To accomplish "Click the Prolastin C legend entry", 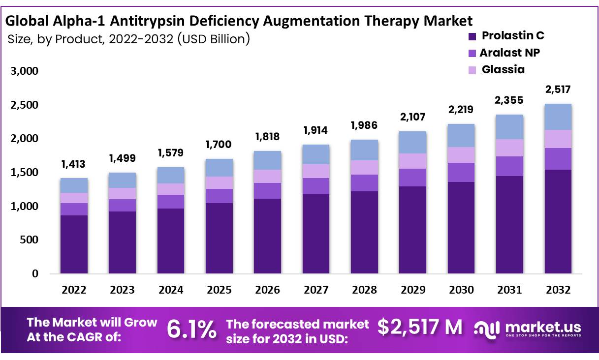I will (512, 35).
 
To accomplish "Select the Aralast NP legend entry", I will (509, 53).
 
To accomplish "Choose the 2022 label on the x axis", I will (74, 290).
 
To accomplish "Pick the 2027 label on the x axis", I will (316, 290).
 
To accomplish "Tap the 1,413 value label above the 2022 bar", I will (74, 164).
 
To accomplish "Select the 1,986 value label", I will (364, 125).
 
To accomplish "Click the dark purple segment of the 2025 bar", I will (219, 238).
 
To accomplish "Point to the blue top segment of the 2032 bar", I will (558, 117).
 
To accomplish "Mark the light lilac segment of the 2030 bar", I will (461, 154).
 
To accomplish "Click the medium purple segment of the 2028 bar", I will (364, 182).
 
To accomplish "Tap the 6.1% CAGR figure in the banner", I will (191, 329).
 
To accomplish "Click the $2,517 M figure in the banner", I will (420, 326).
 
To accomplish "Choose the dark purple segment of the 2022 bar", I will (74, 244).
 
